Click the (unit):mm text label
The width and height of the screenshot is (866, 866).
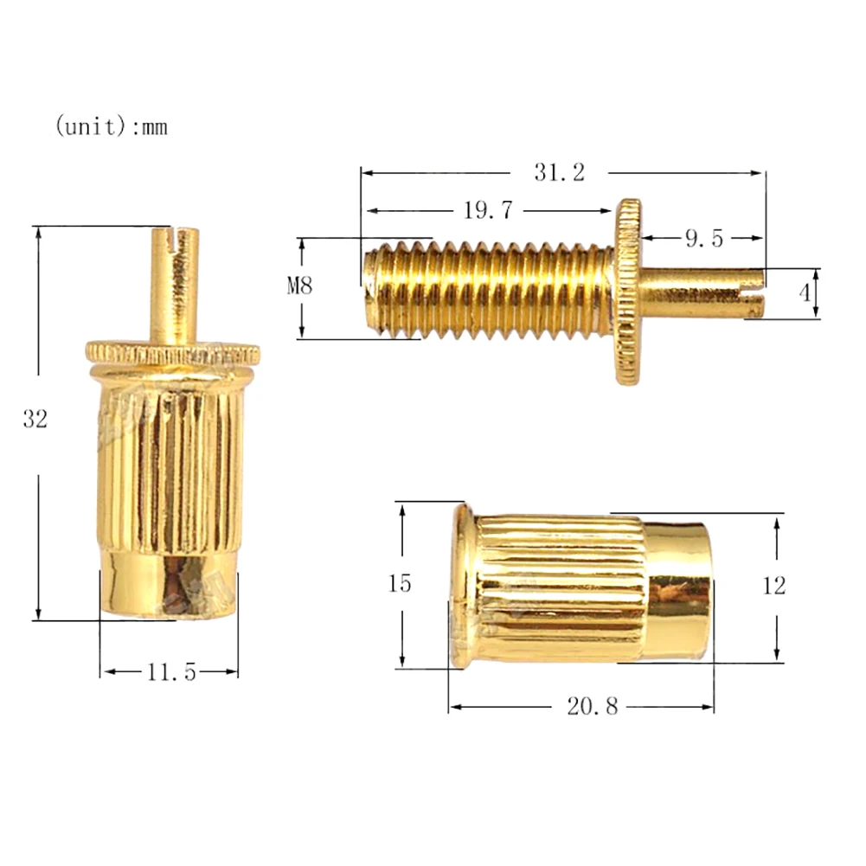click(112, 127)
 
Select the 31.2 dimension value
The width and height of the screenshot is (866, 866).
click(559, 172)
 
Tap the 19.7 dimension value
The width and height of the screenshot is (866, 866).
click(488, 210)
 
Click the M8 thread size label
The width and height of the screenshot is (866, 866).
click(299, 286)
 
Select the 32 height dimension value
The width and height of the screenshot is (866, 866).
click(35, 420)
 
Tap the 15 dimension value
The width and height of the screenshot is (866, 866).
click(399, 584)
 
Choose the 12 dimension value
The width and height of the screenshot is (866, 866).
click(774, 586)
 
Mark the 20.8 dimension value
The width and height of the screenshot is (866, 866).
click(593, 707)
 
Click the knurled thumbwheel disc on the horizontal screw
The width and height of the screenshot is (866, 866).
click(628, 292)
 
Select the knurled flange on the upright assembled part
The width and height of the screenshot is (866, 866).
click(172, 353)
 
